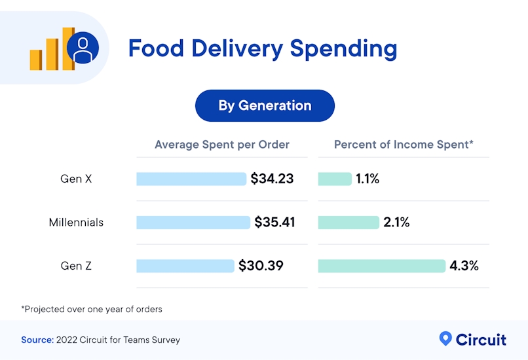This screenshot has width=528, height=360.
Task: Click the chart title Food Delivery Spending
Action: tap(262, 48)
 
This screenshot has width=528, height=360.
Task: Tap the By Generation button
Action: tap(265, 105)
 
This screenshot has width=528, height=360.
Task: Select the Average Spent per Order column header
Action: tap(221, 145)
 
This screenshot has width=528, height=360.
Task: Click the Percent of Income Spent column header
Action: tap(404, 145)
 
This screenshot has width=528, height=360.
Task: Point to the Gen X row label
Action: tap(76, 179)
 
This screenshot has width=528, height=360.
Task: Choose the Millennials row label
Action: tap(76, 223)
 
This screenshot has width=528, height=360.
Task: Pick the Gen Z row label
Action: tap(76, 266)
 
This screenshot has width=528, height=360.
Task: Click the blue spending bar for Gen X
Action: tap(191, 179)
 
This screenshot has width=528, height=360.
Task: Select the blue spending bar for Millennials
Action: tap(193, 223)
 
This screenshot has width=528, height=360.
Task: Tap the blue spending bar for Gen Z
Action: tap(185, 266)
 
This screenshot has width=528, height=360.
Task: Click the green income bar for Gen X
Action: tap(335, 179)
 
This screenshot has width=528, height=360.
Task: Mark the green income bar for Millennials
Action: tap(349, 223)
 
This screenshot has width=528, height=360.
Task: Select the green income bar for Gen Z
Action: tap(381, 266)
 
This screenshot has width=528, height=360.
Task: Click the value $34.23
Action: tap(272, 179)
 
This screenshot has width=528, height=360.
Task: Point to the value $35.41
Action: tap(275, 223)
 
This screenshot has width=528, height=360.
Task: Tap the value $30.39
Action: tap(261, 266)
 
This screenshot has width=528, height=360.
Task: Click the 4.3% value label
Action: tap(464, 266)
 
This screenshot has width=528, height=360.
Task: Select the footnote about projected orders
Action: tap(91, 309)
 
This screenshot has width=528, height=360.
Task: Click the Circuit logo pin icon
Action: tap(445, 338)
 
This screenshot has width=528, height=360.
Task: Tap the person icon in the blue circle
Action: tap(83, 48)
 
